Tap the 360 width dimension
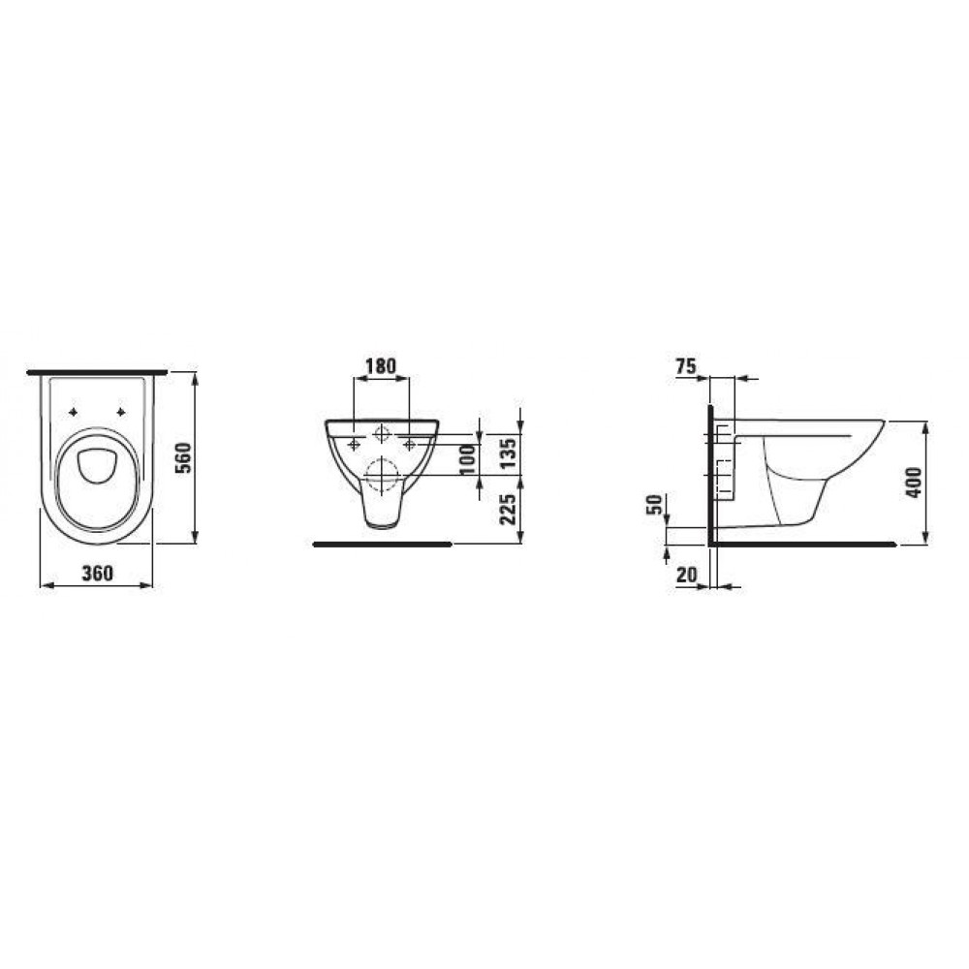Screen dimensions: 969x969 [98, 574]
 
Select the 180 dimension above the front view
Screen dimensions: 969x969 [381, 366]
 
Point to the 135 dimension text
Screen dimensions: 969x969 [509, 453]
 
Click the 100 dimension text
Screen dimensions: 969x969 [468, 459]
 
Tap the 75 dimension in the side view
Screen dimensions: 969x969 [686, 366]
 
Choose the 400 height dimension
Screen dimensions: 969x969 [914, 482]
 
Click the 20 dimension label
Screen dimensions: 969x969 [686, 575]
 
